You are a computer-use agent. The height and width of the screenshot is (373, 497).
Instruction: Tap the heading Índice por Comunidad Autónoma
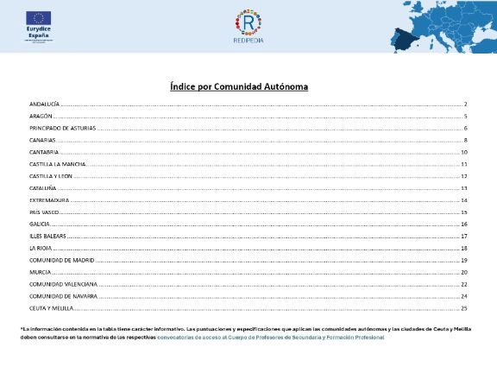(239, 87)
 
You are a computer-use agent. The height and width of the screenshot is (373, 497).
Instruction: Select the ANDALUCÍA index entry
(44, 104)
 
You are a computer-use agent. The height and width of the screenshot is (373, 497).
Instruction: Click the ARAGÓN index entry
(41, 116)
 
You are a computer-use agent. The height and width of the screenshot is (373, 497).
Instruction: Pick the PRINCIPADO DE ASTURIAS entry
(62, 128)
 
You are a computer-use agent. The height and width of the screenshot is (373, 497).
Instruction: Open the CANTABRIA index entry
(43, 152)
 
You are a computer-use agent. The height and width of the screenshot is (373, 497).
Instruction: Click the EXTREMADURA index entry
(48, 199)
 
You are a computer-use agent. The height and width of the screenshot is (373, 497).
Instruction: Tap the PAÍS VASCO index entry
(43, 212)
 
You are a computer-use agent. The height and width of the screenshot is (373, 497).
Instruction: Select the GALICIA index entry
(40, 224)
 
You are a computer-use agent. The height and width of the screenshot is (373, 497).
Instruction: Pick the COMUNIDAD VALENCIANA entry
(63, 283)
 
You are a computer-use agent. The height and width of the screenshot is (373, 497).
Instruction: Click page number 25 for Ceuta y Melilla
(463, 307)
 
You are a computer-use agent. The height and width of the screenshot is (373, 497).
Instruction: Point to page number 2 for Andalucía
(465, 104)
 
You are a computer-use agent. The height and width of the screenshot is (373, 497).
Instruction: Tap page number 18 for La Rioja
(463, 248)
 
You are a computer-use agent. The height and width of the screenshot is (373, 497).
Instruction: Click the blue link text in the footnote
(271, 337)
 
